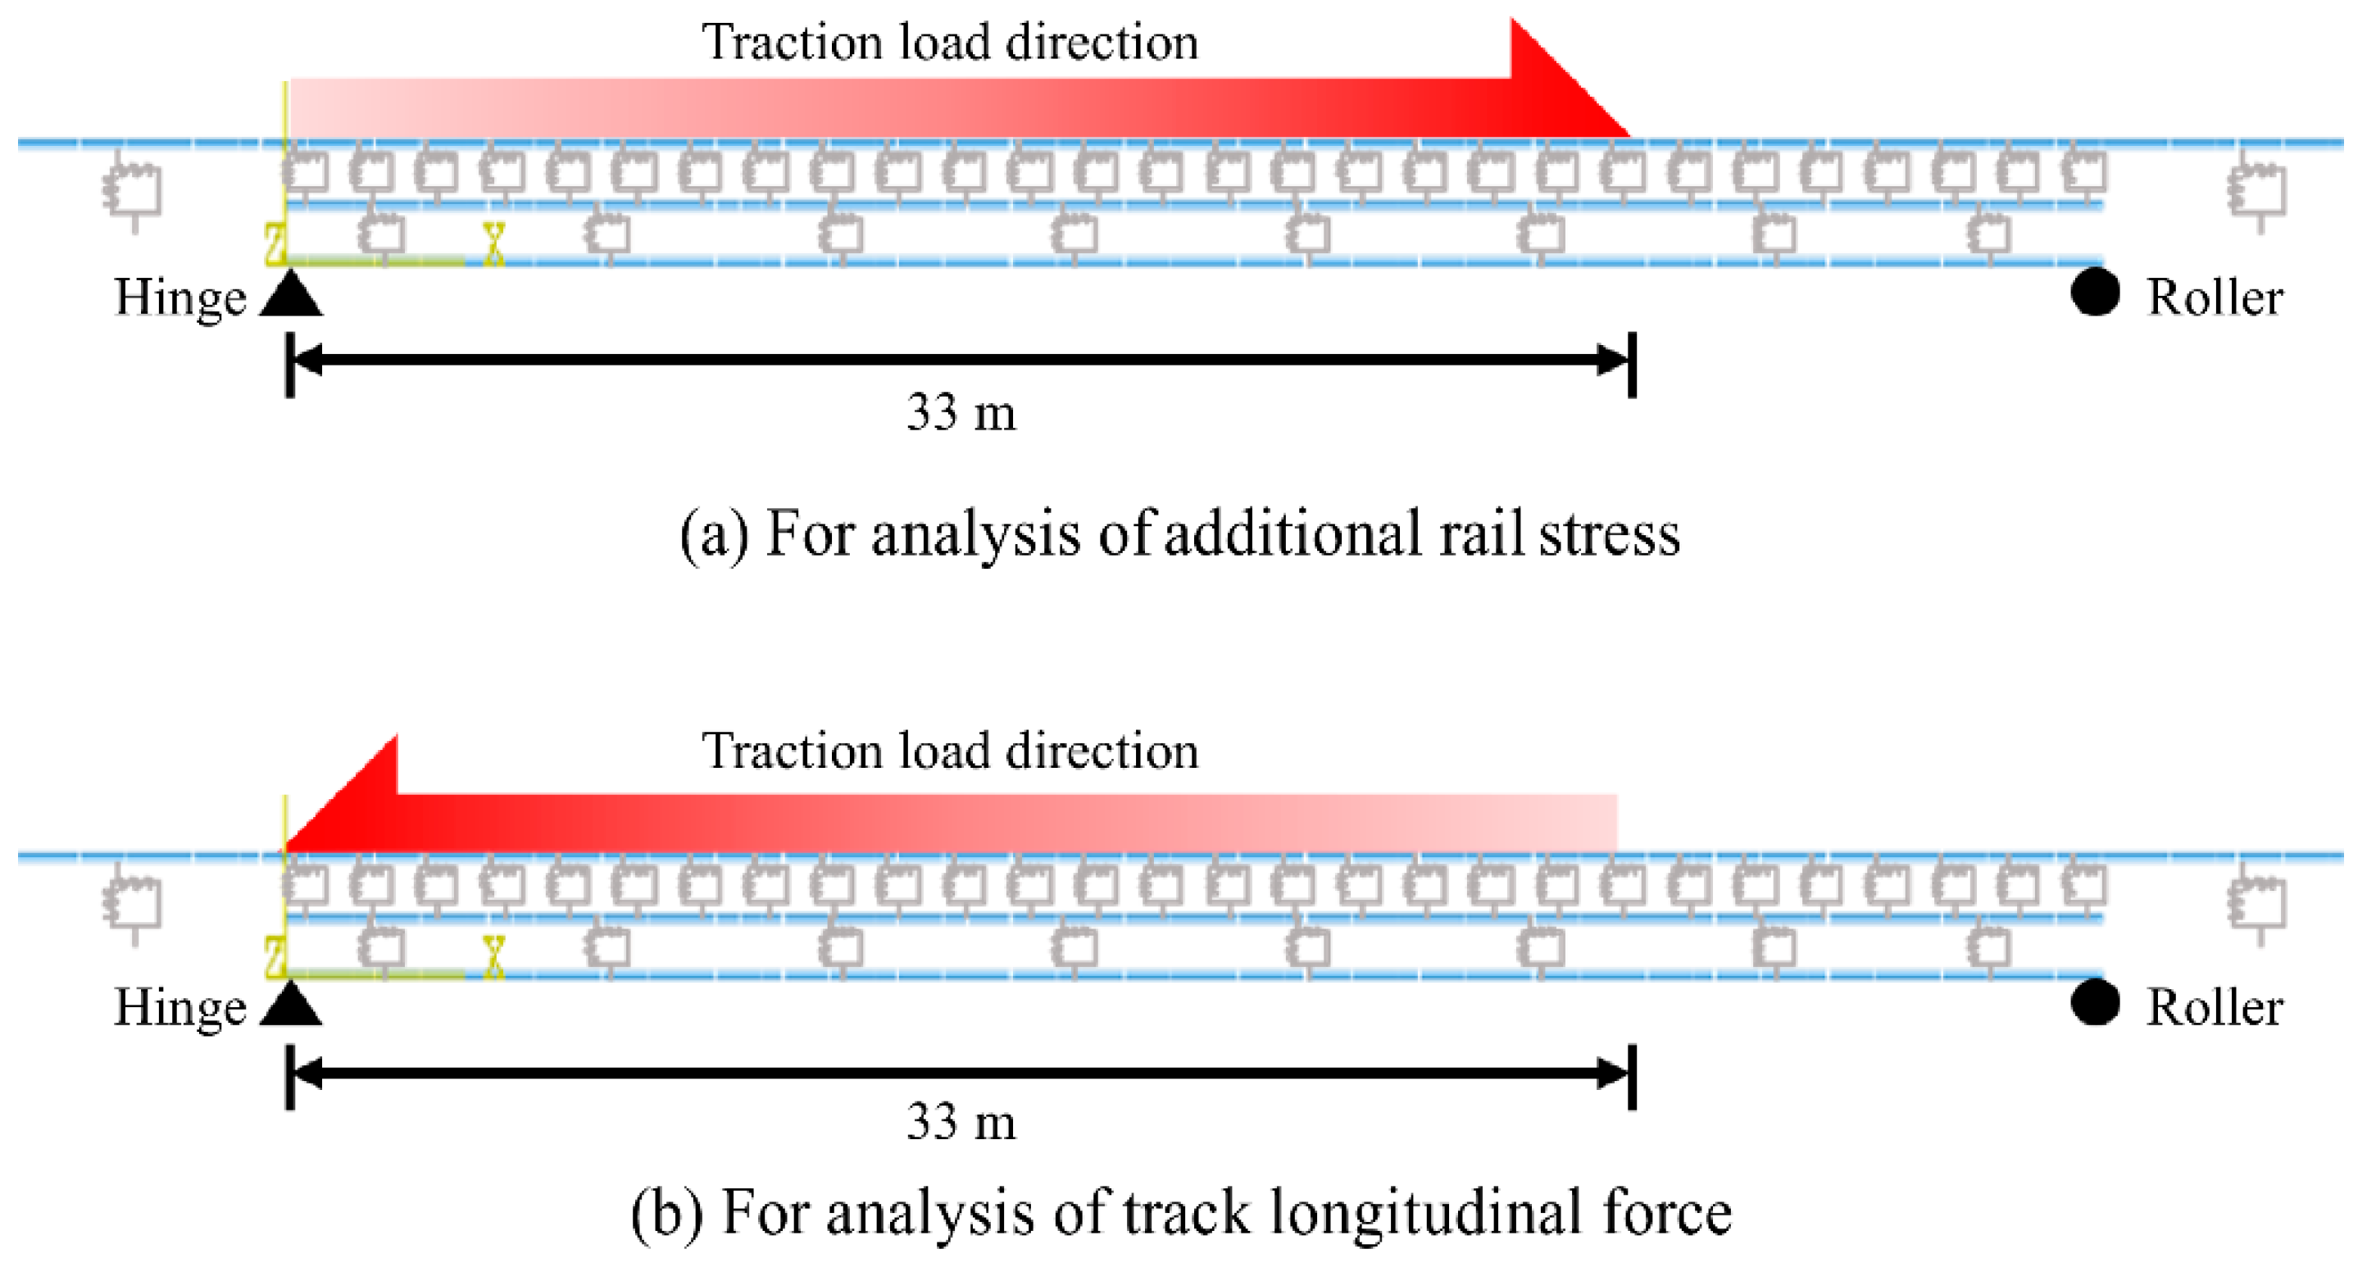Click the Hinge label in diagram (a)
[179, 297]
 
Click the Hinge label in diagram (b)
[179, 1007]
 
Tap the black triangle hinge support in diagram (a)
[290, 296]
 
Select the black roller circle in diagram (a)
[2095, 293]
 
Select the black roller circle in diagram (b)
[2095, 1002]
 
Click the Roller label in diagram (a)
[2215, 297]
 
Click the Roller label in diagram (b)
[2215, 1007]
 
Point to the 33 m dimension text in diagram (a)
[961, 412]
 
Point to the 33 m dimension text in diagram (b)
[961, 1122]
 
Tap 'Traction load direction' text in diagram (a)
[950, 43]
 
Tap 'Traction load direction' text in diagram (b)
[950, 751]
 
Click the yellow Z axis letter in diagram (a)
[274, 243]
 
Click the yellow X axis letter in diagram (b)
[494, 956]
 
